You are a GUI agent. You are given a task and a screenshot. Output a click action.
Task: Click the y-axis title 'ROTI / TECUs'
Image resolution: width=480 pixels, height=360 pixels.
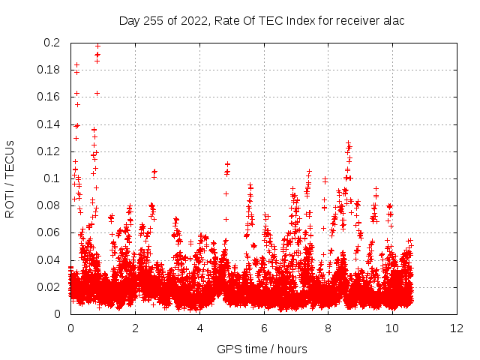(10, 178)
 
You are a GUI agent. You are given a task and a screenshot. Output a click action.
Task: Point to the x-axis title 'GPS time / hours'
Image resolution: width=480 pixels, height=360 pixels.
(262, 349)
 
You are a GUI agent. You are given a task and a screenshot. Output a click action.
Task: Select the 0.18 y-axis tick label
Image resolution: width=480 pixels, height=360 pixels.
(50, 70)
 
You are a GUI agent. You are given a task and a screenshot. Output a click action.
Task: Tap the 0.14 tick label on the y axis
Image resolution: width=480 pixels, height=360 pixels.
(50, 124)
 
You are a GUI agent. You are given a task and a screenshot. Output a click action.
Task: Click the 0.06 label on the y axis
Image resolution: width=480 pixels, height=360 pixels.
(50, 232)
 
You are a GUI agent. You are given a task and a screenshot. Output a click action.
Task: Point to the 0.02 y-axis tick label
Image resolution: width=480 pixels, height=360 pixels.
(50, 287)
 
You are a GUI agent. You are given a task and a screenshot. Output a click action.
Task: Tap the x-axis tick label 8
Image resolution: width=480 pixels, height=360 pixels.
(328, 328)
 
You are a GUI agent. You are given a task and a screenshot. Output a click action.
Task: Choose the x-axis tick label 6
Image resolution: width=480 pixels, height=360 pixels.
(264, 328)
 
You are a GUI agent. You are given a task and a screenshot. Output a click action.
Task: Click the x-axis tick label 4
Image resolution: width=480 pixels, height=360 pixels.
(199, 328)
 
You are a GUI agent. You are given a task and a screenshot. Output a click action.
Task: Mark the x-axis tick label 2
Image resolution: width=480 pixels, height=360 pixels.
(135, 328)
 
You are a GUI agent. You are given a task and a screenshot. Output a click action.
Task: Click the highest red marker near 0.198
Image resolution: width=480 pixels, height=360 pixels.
(97, 46)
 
